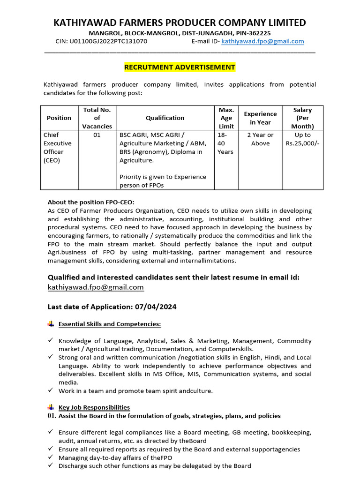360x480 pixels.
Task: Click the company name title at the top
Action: (180, 22)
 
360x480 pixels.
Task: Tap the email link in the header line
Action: (262, 41)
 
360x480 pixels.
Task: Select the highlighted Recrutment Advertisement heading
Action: (180, 67)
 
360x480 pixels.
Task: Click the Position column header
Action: (59, 118)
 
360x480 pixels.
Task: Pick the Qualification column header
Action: (165, 118)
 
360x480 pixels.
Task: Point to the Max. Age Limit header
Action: (226, 118)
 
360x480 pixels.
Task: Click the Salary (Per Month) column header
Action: (302, 118)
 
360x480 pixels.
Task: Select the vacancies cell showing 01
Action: (97, 135)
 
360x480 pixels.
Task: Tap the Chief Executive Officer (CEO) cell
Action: (58, 147)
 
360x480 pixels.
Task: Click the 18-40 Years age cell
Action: (225, 143)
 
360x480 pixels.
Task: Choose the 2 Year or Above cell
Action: (260, 139)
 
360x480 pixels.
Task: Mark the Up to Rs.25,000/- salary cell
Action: (302, 139)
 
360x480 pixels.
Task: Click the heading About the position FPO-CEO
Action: (91, 202)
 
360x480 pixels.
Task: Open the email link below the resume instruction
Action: (96, 287)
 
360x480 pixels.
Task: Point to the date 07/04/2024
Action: (156, 307)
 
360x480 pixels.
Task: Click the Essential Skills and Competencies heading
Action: (110, 324)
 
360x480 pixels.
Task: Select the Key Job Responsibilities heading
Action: (94, 407)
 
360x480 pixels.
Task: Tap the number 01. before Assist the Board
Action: (52, 416)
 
